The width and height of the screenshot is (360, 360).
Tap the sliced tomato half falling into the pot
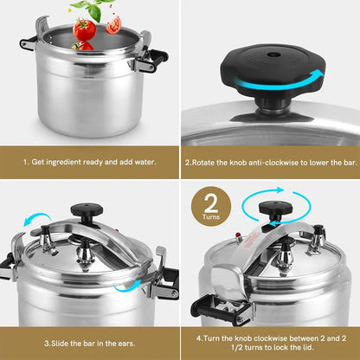[x=113, y=25]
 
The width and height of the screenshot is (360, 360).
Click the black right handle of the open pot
[x=157, y=58]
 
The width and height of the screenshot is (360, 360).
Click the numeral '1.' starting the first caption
[x=27, y=161]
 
